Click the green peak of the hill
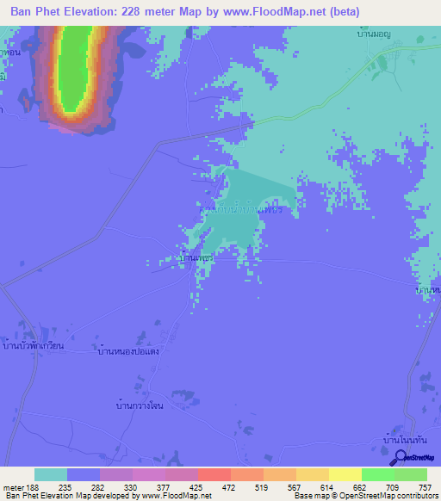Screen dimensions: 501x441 pyautogui.click(x=75, y=65)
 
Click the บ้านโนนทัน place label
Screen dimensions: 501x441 pyautogui.click(x=404, y=440)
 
